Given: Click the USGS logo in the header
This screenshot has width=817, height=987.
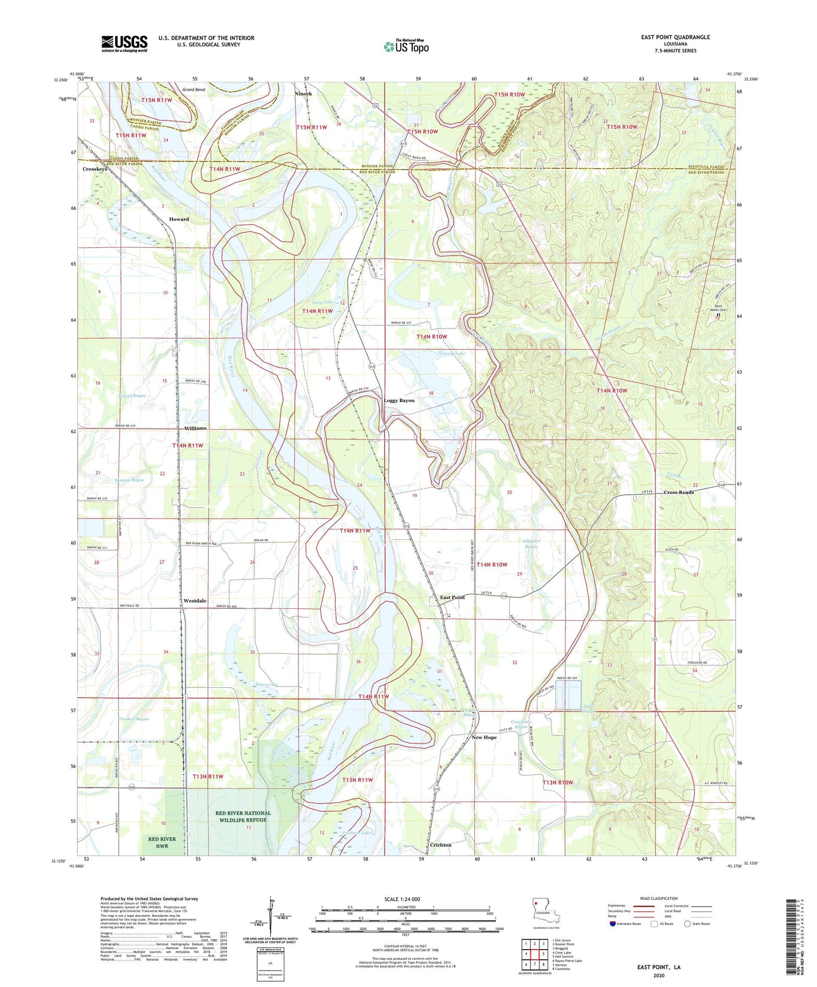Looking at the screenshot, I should pyautogui.click(x=124, y=44).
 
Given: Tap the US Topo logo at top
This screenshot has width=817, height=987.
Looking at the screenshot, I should pyautogui.click(x=406, y=46).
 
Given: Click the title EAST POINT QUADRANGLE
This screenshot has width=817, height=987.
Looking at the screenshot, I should pyautogui.click(x=675, y=37).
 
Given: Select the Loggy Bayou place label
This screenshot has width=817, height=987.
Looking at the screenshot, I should pyautogui.click(x=399, y=400).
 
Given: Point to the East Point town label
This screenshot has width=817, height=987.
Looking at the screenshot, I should pyautogui.click(x=452, y=598).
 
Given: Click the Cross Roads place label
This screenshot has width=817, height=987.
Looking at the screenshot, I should pyautogui.click(x=678, y=492).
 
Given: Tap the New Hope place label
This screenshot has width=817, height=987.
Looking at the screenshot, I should pyautogui.click(x=484, y=737).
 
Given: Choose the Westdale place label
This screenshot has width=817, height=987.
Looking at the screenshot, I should pyautogui.click(x=194, y=601).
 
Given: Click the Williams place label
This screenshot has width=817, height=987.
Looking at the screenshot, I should pyautogui.click(x=195, y=428).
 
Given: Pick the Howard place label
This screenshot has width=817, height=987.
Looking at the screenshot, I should pyautogui.click(x=179, y=219).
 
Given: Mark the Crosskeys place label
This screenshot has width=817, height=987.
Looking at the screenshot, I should pyautogui.click(x=94, y=169).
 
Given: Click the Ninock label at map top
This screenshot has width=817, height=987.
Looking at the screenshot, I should pyautogui.click(x=303, y=94).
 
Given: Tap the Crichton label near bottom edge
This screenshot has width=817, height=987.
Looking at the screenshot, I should pyautogui.click(x=440, y=845).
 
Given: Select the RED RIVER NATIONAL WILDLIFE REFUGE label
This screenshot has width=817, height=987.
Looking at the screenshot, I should pyautogui.click(x=243, y=816).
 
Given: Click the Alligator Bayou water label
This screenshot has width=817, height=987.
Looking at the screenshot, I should pyautogui.click(x=531, y=544).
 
